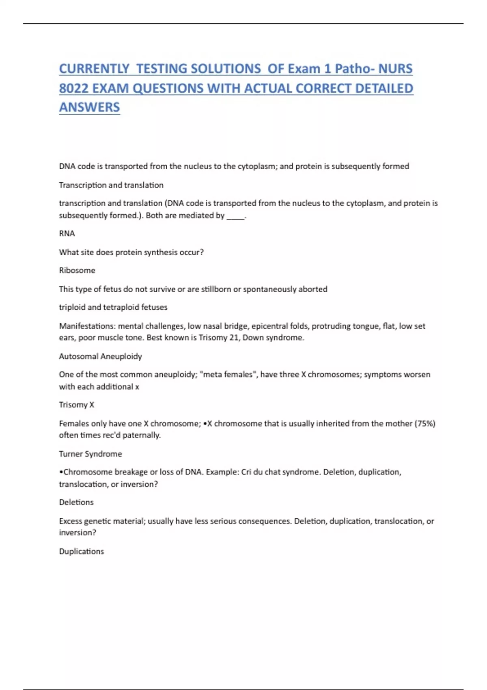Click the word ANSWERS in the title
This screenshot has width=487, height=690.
[89, 107]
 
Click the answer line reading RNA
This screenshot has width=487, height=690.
[67, 233]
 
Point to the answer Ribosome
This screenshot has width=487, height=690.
[77, 270]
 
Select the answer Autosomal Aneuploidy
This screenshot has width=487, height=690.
[100, 356]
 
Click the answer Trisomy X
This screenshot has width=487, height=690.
[76, 405]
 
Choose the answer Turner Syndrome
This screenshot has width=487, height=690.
[90, 454]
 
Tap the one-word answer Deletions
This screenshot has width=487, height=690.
[76, 502]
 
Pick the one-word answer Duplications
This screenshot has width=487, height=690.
[81, 551]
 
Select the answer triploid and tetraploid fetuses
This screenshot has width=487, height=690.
[113, 307]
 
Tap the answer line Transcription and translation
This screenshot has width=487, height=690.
[111, 185]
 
